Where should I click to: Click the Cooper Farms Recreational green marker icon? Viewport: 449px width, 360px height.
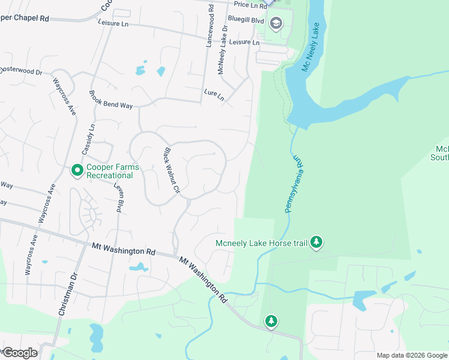[x=77, y=171]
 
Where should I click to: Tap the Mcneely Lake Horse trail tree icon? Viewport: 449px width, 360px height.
[x=317, y=242]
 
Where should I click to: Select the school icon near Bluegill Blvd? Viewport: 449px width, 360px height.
[x=276, y=23]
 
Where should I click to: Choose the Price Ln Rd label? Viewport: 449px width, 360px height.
[x=250, y=5]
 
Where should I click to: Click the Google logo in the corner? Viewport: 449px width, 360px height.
[x=19, y=353]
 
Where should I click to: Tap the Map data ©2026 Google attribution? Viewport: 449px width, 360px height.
[x=412, y=355]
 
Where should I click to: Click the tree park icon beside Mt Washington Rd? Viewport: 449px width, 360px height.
[x=271, y=322]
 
